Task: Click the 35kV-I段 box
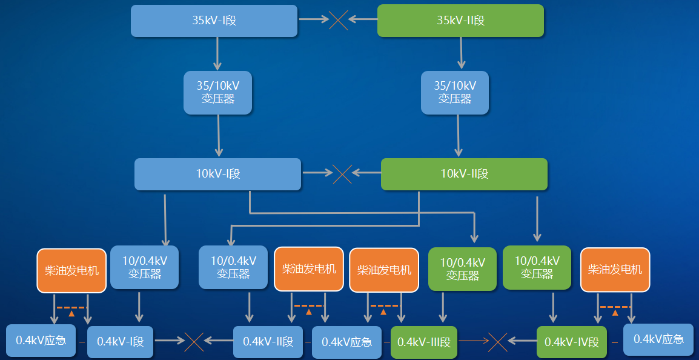214,21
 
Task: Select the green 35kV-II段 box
460,21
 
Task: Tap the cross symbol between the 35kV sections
339,19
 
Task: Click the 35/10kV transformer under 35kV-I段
217,93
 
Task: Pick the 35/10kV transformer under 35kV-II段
455,93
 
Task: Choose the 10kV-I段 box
218,174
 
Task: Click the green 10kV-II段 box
464,174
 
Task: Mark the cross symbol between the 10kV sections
342,173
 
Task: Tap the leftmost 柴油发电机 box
71,270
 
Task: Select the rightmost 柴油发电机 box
615,270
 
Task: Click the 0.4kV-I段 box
121,342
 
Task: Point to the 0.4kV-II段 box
268,342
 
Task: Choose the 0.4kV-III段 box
424,342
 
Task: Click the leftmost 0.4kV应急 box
41,341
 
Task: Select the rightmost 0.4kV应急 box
658,339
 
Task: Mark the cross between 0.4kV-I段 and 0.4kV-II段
194,342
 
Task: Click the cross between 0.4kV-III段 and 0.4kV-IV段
497,342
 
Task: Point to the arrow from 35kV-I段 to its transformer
217,53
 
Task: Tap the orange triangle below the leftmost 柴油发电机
71,313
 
